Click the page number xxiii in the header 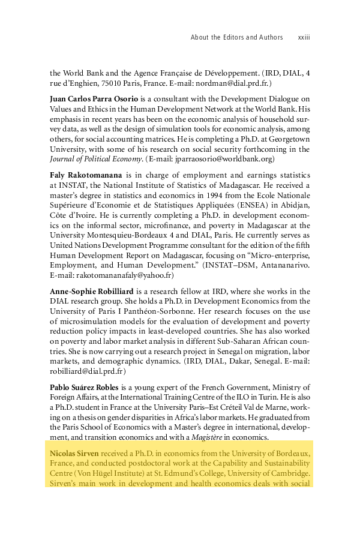(x=303, y=37)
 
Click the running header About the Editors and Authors (x=236, y=37)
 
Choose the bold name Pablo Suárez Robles (x=85, y=388)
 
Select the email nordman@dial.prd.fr (x=235, y=82)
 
